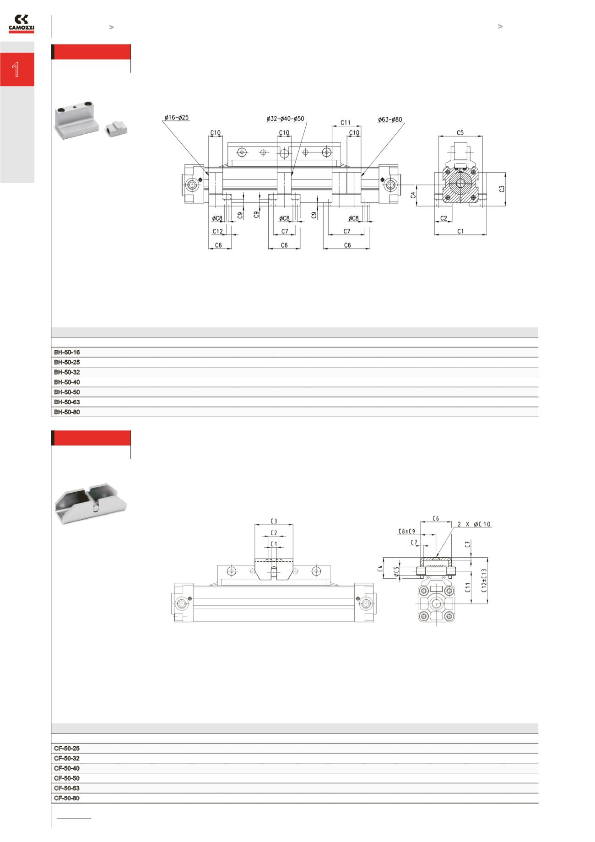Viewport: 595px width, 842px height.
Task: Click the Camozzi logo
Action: click(x=22, y=24)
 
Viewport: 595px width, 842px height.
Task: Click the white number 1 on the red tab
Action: click(x=16, y=70)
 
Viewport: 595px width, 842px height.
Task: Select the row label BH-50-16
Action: click(x=67, y=352)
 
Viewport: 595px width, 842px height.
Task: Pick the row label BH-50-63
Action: click(x=67, y=402)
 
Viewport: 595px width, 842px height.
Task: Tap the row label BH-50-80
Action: click(x=67, y=412)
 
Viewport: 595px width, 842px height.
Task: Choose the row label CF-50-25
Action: click(x=67, y=749)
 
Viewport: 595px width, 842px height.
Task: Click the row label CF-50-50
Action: click(x=67, y=778)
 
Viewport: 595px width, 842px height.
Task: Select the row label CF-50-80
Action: click(x=67, y=799)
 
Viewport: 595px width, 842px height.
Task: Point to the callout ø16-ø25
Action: click(x=177, y=118)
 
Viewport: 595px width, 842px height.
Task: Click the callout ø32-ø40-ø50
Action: click(x=285, y=119)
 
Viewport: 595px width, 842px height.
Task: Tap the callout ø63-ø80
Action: click(x=389, y=120)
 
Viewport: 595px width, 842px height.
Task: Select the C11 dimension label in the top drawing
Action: click(x=346, y=123)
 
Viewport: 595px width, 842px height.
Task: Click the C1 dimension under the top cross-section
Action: click(x=460, y=231)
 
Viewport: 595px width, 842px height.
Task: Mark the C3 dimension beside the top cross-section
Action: click(x=502, y=189)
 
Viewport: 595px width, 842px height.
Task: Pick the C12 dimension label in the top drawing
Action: click(x=218, y=231)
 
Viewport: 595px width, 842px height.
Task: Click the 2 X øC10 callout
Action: click(x=474, y=524)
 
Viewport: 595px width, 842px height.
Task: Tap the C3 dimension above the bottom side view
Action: click(x=274, y=521)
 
